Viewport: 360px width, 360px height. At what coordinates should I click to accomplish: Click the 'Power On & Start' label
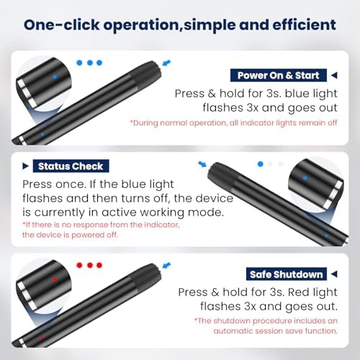pyautogui.click(x=279, y=76)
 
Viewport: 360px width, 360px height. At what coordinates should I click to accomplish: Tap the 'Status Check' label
pyautogui.click(x=71, y=166)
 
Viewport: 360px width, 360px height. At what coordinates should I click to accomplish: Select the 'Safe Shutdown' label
pyautogui.click(x=287, y=274)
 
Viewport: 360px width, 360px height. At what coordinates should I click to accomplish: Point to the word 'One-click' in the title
pyautogui.click(x=62, y=24)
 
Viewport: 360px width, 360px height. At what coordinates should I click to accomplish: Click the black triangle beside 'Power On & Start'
pyautogui.click(x=334, y=76)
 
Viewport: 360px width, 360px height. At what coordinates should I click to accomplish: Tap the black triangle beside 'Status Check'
pyautogui.click(x=25, y=166)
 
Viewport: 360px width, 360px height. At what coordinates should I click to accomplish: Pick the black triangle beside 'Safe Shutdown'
pyautogui.click(x=334, y=274)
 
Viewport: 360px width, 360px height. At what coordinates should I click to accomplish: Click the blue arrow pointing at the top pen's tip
pyautogui.click(x=166, y=63)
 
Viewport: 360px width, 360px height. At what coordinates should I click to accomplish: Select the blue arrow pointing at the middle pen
pyautogui.click(x=202, y=164)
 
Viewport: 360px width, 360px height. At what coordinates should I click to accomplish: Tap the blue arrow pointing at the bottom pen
pyautogui.click(x=166, y=266)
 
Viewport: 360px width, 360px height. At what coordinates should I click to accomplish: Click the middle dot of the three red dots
pyautogui.click(x=90, y=265)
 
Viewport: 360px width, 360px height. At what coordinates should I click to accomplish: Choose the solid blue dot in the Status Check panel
pyautogui.click(x=261, y=164)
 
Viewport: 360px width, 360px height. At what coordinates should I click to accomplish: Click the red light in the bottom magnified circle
pyautogui.click(x=55, y=279)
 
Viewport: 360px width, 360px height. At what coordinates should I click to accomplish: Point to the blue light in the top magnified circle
pyautogui.click(x=55, y=77)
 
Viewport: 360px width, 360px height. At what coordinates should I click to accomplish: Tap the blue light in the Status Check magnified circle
pyautogui.click(x=305, y=179)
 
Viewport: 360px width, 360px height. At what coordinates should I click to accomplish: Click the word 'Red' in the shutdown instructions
pyautogui.click(x=298, y=292)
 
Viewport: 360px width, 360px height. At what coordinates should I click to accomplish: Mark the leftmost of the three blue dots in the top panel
pyautogui.click(x=79, y=63)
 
